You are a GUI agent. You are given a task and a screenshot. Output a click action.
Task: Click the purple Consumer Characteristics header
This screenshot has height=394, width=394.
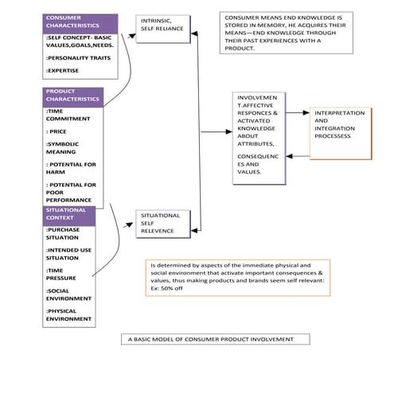pyautogui.click(x=80, y=23)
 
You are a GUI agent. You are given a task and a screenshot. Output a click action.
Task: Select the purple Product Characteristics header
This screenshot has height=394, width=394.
pyautogui.click(x=72, y=96)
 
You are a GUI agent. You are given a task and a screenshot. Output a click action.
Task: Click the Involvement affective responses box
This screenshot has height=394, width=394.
pyautogui.click(x=256, y=140)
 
